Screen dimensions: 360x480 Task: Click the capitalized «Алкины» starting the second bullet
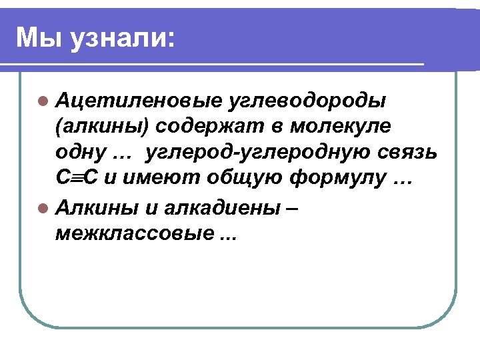point(97,207)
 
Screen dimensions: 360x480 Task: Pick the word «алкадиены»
point(225,207)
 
